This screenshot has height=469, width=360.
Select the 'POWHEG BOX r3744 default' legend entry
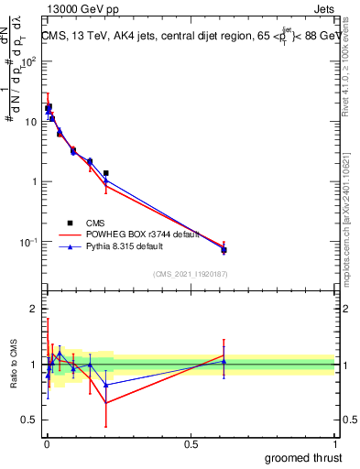coord(137,235)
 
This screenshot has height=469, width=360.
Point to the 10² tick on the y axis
coord(28,61)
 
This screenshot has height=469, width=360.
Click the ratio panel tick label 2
coord(35,309)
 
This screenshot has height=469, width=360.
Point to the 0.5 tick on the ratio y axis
coord(30,420)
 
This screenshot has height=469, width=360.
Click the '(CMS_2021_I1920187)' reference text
coord(190,274)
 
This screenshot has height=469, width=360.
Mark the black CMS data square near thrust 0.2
coord(106,173)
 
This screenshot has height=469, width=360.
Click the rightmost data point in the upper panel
coord(224,250)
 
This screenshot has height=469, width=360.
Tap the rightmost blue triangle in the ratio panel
coord(224,362)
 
